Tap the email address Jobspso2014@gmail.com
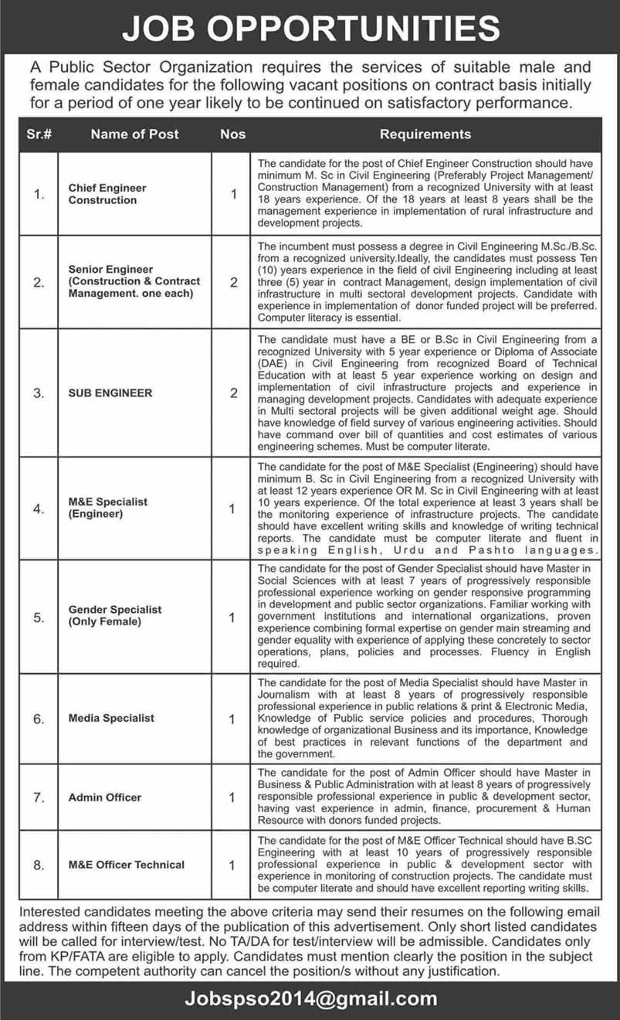tap(310, 998)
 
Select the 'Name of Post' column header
tap(134, 134)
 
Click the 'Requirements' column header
tap(425, 134)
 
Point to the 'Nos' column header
tap(232, 134)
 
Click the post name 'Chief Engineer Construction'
tap(107, 194)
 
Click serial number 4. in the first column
tap(38, 508)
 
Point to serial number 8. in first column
tap(38, 865)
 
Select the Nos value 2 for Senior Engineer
tap(233, 282)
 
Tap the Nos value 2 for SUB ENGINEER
tap(233, 393)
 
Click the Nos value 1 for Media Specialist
tap(233, 719)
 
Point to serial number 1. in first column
tap(38, 195)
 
